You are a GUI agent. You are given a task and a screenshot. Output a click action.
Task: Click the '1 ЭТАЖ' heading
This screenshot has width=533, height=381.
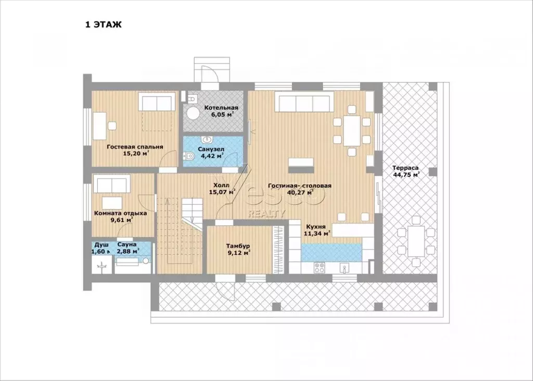(x=104, y=25)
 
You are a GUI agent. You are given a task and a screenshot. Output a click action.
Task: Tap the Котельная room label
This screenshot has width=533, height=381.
(x=221, y=108)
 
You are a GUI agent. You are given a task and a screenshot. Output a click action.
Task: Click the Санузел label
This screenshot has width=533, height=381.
(x=211, y=149)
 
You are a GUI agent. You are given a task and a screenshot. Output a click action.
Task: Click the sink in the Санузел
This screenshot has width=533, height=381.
(x=207, y=140)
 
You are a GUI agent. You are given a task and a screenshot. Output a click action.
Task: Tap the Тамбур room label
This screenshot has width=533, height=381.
(x=238, y=246)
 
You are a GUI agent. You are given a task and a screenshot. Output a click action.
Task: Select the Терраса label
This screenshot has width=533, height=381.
(x=405, y=168)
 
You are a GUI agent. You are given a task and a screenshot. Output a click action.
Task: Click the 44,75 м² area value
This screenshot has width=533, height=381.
(x=406, y=175)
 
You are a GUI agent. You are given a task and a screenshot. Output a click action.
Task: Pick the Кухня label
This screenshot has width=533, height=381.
(x=316, y=226)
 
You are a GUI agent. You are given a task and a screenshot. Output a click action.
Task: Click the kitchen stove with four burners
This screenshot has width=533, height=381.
(x=319, y=267)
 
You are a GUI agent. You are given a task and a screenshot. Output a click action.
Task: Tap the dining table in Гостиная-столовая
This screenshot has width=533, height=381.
(x=352, y=131)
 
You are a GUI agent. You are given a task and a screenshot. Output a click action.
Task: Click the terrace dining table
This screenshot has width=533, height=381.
(x=416, y=241)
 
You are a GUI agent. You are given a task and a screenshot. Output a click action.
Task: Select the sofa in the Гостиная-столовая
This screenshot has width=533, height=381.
(x=304, y=103)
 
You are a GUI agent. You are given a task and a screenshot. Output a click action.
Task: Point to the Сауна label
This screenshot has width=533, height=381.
(x=127, y=244)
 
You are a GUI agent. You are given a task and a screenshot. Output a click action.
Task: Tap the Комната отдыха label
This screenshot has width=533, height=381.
(x=120, y=214)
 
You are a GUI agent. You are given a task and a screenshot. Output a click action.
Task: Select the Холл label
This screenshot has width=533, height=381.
(x=221, y=186)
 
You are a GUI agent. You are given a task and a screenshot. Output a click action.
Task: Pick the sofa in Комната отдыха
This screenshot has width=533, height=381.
(x=112, y=184)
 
